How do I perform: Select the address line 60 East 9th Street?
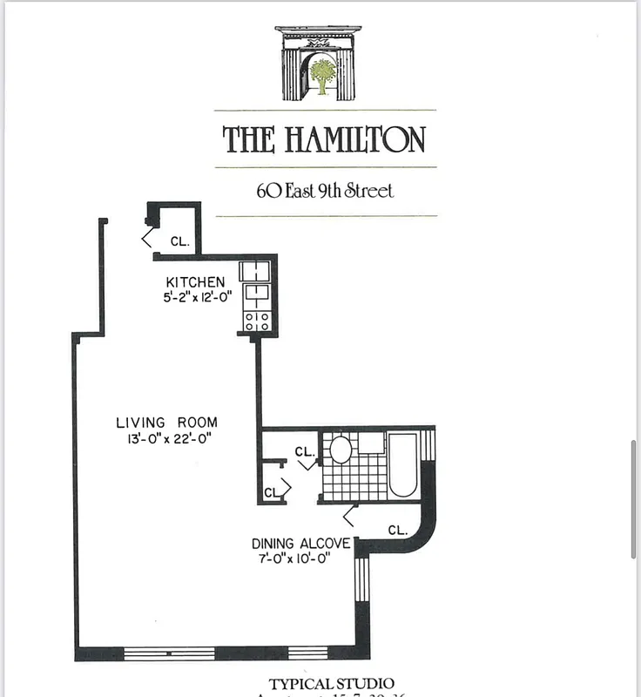[325, 190]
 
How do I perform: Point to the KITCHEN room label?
[196, 282]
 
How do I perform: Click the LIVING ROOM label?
[166, 423]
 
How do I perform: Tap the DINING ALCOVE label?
[301, 544]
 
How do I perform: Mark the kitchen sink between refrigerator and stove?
[257, 292]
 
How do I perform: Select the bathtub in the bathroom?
[402, 465]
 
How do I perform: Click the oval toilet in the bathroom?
[341, 450]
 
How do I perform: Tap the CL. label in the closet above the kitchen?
[179, 240]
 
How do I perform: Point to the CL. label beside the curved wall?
[397, 530]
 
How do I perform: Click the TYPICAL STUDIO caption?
[331, 684]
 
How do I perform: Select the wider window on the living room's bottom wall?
[169, 652]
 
